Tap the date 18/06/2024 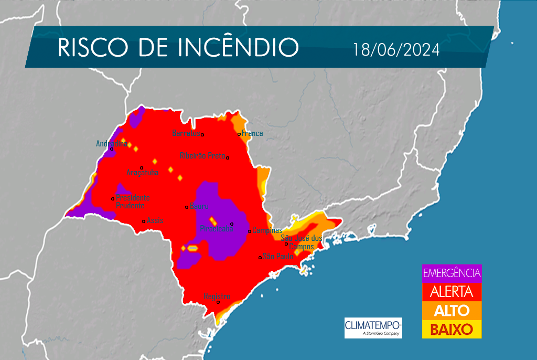click(x=396, y=50)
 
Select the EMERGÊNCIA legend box click(x=452, y=273)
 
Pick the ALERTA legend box click(x=452, y=292)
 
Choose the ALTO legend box click(x=452, y=310)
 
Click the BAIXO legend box click(x=452, y=329)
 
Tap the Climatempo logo click(x=373, y=327)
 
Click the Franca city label click(x=252, y=133)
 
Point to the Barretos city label click(x=186, y=133)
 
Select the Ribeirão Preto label click(x=202, y=155)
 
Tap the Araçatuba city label click(x=142, y=172)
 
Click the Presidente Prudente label click(x=133, y=202)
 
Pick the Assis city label click(x=155, y=221)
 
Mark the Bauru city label click(x=200, y=206)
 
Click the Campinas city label click(x=267, y=230)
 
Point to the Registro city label click(x=217, y=296)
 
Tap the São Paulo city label click(x=278, y=256)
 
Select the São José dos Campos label click(x=298, y=242)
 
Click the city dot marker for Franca click(x=239, y=134)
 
